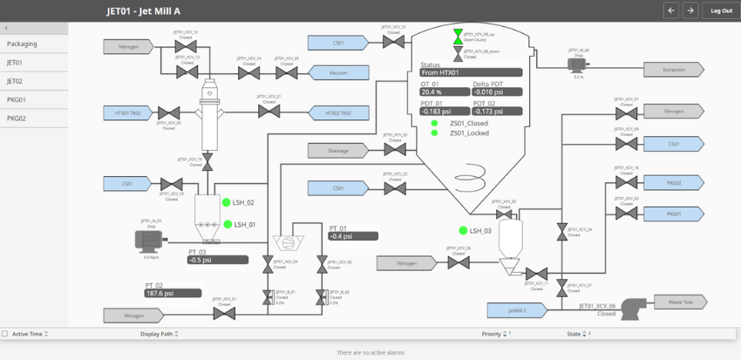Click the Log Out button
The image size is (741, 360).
tap(721, 10)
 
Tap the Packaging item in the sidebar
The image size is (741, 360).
tap(22, 44)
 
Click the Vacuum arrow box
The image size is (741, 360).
tap(338, 73)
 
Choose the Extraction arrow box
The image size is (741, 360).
tap(674, 70)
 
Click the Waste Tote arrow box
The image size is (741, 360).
tap(681, 302)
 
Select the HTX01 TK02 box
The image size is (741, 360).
tap(128, 112)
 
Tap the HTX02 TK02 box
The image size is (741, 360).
tap(337, 112)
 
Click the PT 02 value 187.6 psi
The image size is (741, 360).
tap(173, 294)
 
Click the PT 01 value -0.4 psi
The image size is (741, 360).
tap(352, 236)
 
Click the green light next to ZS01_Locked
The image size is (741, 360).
tap(434, 133)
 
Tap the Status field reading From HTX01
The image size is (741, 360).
tap(471, 72)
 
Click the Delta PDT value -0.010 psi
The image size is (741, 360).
tap(497, 92)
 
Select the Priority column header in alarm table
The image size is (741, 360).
tap(492, 334)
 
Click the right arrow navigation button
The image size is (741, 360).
tap(690, 10)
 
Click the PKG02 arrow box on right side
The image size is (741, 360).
tap(674, 183)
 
